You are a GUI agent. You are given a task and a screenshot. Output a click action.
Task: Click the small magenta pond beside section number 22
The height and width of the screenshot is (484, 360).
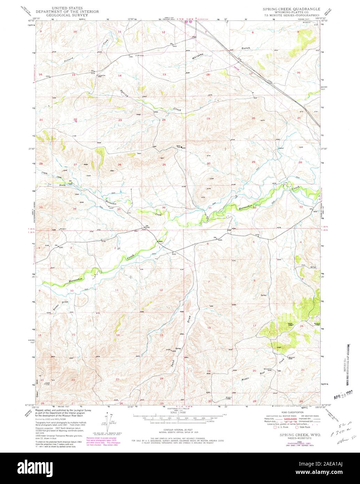(76, 122)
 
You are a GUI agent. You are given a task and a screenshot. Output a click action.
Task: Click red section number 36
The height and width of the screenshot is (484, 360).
(164, 207)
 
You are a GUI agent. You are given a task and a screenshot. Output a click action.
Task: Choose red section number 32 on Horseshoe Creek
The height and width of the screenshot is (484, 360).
(255, 207)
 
